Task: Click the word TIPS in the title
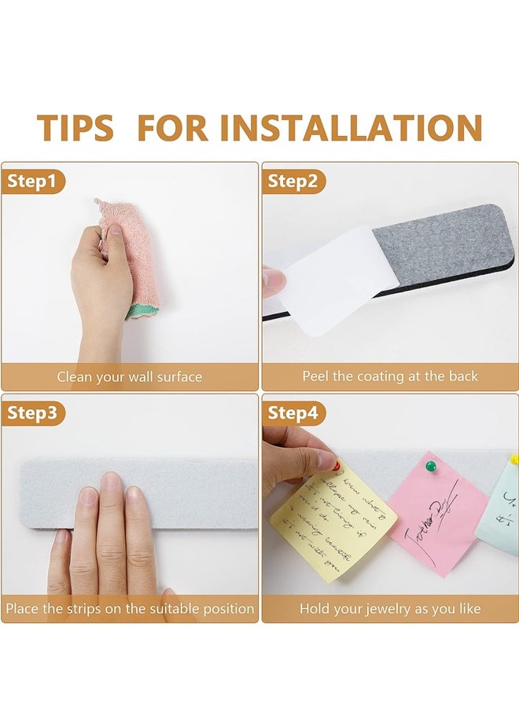(x=75, y=128)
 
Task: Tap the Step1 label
(x=32, y=182)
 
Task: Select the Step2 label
(x=293, y=182)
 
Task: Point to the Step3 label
(x=32, y=413)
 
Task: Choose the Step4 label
(x=293, y=413)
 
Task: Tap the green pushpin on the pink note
(x=430, y=466)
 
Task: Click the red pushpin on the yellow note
(x=336, y=465)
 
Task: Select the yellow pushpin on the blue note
(x=513, y=459)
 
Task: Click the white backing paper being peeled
(x=330, y=279)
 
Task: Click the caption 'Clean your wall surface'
(x=130, y=377)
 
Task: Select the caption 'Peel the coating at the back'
(x=390, y=377)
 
